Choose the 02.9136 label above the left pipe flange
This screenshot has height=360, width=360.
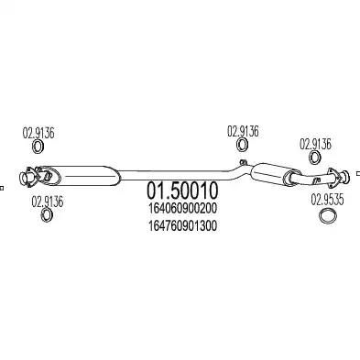click(38, 132)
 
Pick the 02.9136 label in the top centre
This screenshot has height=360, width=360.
click(243, 130)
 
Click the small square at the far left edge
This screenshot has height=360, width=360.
click(2, 187)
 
